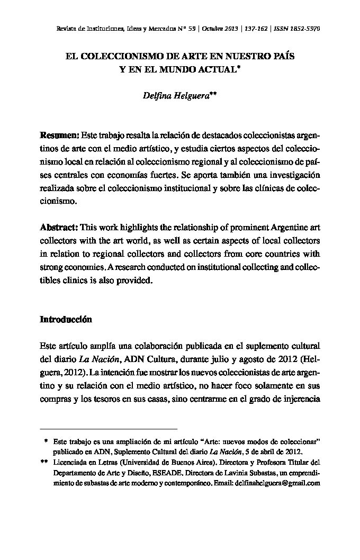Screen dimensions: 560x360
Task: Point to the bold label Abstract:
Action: (x=59, y=228)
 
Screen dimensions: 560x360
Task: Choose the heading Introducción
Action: (x=66, y=320)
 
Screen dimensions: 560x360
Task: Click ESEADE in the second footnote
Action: (x=170, y=473)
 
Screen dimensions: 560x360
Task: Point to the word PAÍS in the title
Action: (x=281, y=55)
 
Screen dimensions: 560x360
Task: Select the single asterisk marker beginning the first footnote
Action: (x=47, y=441)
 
